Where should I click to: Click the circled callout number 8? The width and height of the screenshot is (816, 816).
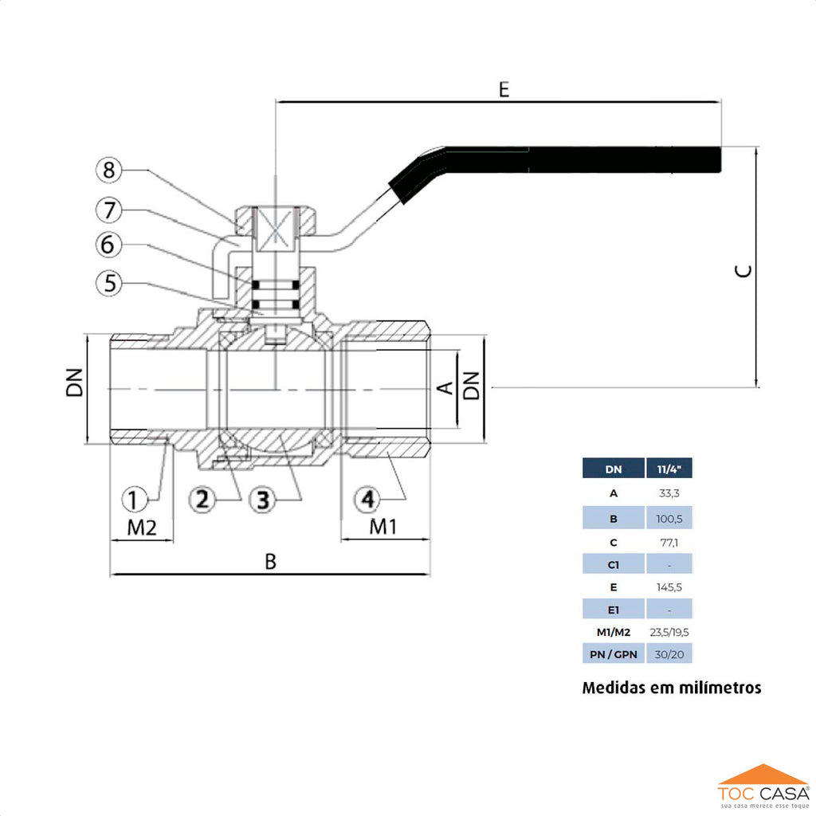click(110, 171)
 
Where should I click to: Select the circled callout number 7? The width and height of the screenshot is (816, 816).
click(110, 210)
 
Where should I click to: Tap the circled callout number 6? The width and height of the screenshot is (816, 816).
click(110, 245)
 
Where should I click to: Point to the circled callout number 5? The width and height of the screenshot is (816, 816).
click(110, 282)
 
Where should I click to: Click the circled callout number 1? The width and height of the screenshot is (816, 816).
click(135, 500)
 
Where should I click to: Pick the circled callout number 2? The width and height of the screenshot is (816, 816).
click(202, 500)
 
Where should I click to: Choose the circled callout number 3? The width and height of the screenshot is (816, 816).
click(262, 500)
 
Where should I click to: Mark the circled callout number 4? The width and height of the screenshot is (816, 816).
click(367, 500)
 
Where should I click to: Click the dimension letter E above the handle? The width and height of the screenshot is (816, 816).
click(504, 88)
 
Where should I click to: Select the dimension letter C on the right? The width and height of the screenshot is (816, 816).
click(743, 271)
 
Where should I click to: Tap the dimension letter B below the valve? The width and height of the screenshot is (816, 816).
click(271, 562)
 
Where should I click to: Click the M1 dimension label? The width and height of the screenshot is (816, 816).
click(383, 527)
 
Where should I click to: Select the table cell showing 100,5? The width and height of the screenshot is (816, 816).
click(669, 518)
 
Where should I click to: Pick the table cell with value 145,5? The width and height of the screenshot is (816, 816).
click(669, 587)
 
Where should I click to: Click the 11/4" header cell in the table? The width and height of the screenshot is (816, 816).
click(669, 469)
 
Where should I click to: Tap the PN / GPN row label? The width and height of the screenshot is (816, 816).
click(614, 655)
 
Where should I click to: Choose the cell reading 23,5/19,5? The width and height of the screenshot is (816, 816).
click(669, 633)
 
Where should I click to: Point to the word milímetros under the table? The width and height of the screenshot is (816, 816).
click(719, 688)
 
